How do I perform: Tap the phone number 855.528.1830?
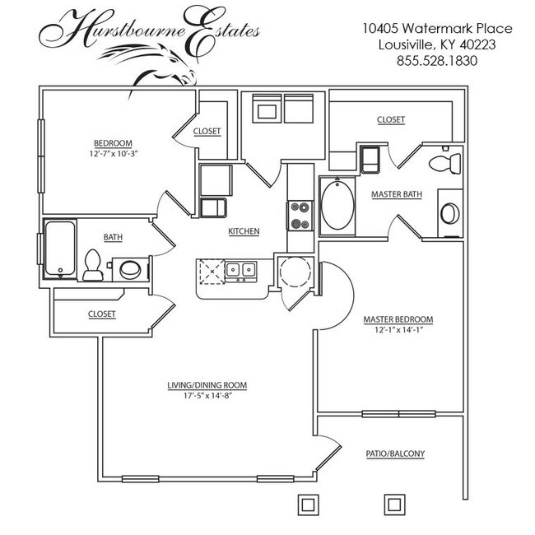pos(437,60)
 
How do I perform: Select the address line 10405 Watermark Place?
pos(437,28)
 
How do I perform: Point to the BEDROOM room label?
pos(111,142)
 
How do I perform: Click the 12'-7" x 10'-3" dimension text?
pos(111,154)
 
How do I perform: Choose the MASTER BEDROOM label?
pos(398,319)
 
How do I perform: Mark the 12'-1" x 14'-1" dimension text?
pos(398,331)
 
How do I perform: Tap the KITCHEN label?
pos(244,231)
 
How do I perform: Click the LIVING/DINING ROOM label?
pos(207,384)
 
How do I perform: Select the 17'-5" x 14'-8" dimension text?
pos(207,396)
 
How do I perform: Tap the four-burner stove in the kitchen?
pos(300,216)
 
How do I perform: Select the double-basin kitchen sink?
pos(240,269)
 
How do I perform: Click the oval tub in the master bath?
pos(336,205)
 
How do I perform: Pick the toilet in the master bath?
pos(446,161)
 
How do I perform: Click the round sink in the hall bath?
pos(130,268)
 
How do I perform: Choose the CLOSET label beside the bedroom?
pos(207,131)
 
